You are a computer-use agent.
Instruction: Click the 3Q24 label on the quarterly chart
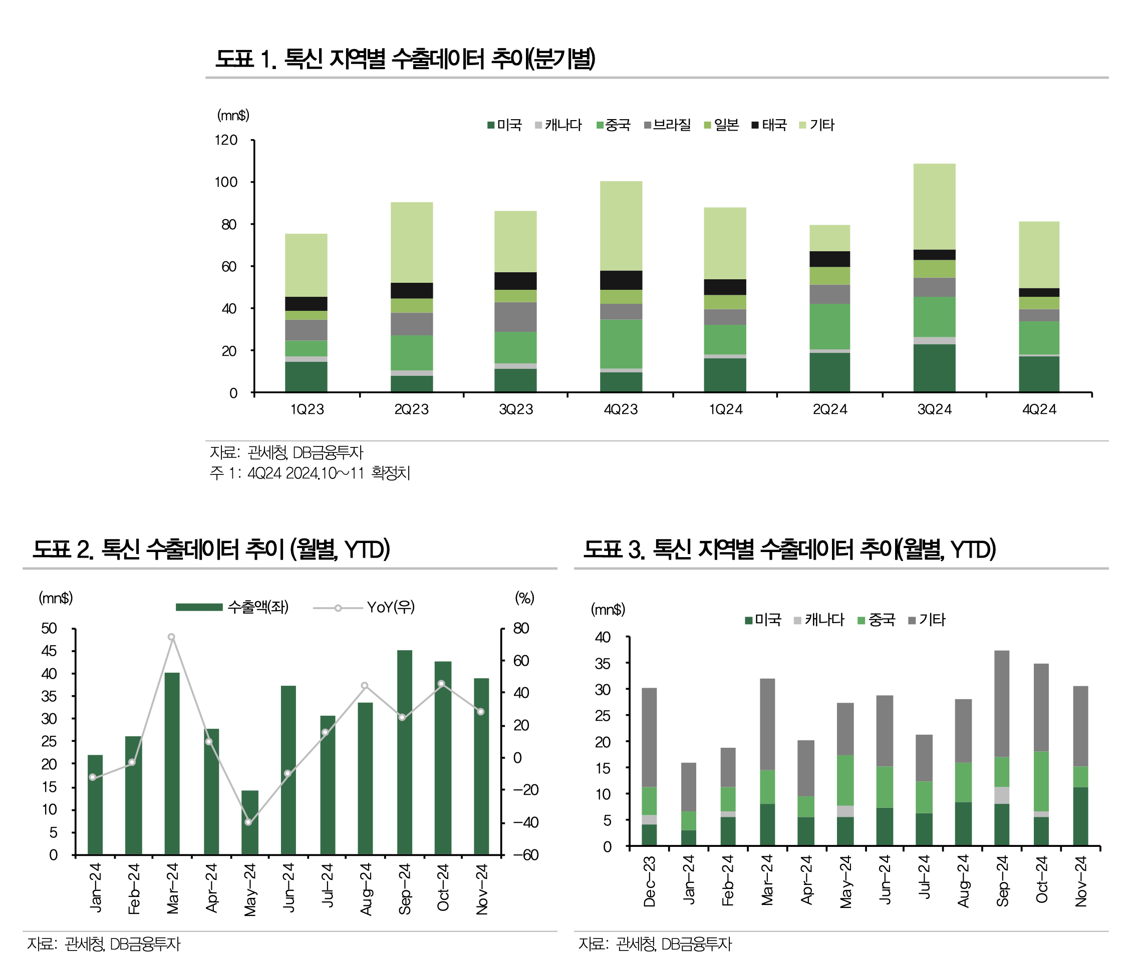point(935,409)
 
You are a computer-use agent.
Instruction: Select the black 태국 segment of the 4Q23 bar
point(621,280)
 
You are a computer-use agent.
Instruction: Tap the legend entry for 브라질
point(668,125)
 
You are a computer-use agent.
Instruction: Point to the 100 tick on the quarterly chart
point(226,183)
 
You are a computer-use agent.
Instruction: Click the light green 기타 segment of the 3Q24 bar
point(935,207)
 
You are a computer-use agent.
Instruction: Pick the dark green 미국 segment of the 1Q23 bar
point(306,377)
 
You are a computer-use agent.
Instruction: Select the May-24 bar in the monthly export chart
point(250,823)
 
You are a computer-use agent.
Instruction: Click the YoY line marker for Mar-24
point(172,637)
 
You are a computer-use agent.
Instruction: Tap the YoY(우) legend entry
point(364,608)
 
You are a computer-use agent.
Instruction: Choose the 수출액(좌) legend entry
point(232,608)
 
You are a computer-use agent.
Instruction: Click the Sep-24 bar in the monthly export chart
point(404,753)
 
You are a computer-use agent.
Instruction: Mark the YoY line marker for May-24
point(248,822)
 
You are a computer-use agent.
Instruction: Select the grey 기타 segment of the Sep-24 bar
point(1002,704)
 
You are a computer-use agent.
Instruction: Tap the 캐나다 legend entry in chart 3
point(819,620)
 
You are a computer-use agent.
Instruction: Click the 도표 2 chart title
point(211,550)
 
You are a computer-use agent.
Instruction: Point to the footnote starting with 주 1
point(310,473)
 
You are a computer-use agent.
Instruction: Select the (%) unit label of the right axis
point(524,598)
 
